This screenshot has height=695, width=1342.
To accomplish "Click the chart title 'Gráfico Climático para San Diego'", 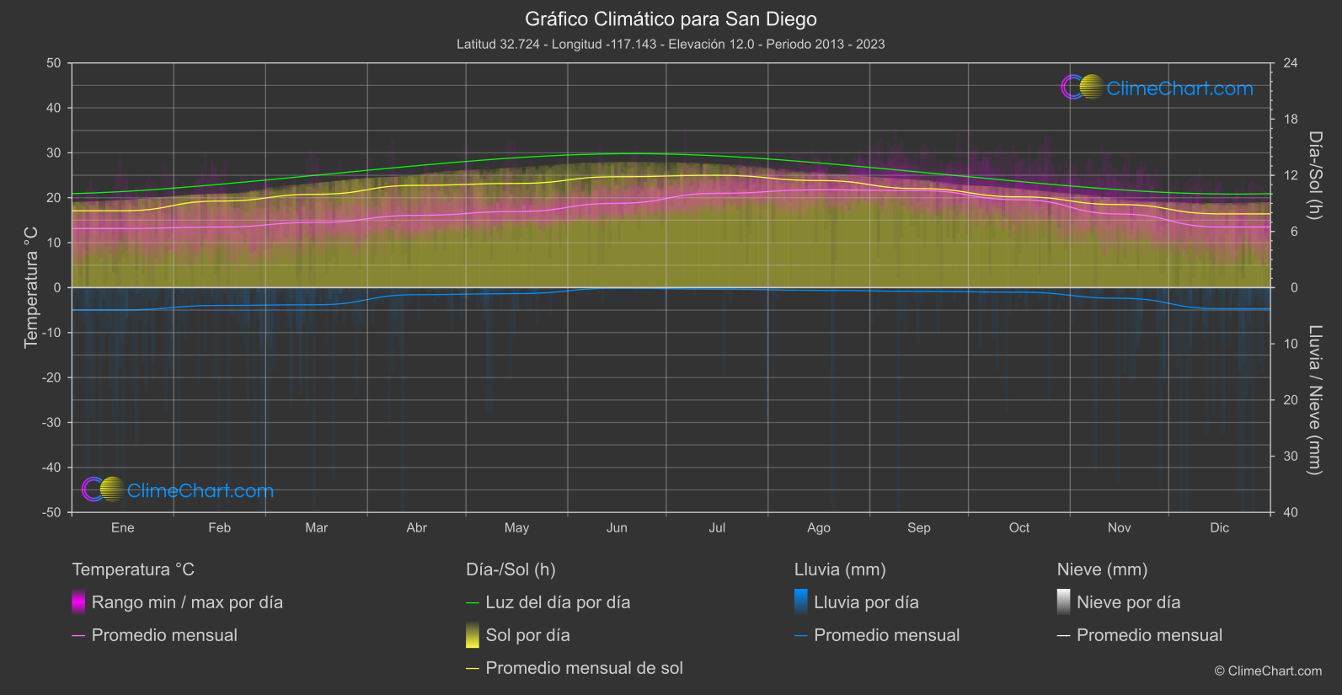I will click(x=671, y=19).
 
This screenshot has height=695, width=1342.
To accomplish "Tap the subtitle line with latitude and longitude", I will click(x=671, y=44).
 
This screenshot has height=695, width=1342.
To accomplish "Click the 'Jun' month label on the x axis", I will click(x=617, y=527).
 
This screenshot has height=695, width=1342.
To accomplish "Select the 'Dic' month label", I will click(x=1219, y=527).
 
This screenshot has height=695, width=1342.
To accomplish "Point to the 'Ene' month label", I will click(x=122, y=527).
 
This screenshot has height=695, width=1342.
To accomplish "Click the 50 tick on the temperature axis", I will click(x=54, y=63).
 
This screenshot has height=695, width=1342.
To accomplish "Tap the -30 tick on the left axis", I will click(x=51, y=422).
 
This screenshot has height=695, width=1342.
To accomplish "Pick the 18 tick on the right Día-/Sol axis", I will click(x=1291, y=119).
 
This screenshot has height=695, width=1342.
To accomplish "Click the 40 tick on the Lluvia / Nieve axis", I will click(x=1291, y=512).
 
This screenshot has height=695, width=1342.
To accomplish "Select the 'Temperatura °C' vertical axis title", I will click(x=31, y=286).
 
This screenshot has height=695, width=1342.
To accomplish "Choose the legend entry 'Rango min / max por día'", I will click(x=187, y=602).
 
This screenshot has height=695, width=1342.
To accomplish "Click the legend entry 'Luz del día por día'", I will click(x=558, y=602).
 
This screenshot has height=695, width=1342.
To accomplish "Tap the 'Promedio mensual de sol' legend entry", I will click(x=584, y=668).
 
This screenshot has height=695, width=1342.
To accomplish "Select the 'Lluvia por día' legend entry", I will click(x=866, y=602).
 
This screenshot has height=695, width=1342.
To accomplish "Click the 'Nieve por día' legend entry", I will click(x=1128, y=602).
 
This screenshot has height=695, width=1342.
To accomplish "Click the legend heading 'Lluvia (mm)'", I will click(x=840, y=569).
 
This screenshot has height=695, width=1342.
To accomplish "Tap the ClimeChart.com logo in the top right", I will click(x=1158, y=88).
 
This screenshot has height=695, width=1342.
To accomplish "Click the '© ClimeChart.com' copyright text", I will click(x=1268, y=671).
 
